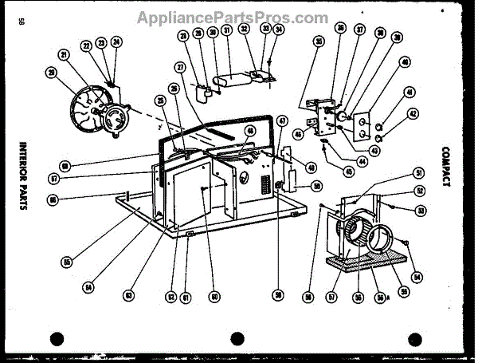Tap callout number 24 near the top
tap(116, 41)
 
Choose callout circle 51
tap(418, 173)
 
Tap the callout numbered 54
tap(415, 276)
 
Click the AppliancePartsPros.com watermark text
tap(232, 18)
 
